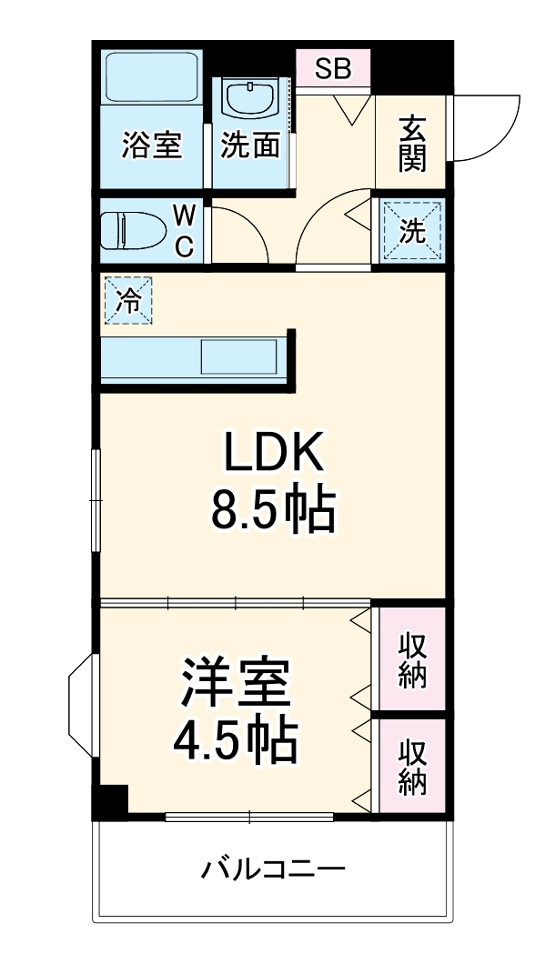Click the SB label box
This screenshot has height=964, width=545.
[333, 69]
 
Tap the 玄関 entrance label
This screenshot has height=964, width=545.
[411, 144]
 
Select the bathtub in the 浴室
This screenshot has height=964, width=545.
[152, 78]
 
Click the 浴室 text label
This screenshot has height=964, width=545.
[152, 146]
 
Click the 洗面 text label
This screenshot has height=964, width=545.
[251, 146]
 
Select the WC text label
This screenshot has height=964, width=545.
[185, 231]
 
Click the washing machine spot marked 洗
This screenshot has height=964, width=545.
[412, 231]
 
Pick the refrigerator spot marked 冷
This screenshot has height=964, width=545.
[129, 301]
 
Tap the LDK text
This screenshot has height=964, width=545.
[273, 454]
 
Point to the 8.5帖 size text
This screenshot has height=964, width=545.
[273, 511]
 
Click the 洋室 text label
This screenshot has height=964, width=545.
[236, 684]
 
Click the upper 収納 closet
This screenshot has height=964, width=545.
[412, 659]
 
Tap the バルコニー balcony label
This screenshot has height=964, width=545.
[273, 869]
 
